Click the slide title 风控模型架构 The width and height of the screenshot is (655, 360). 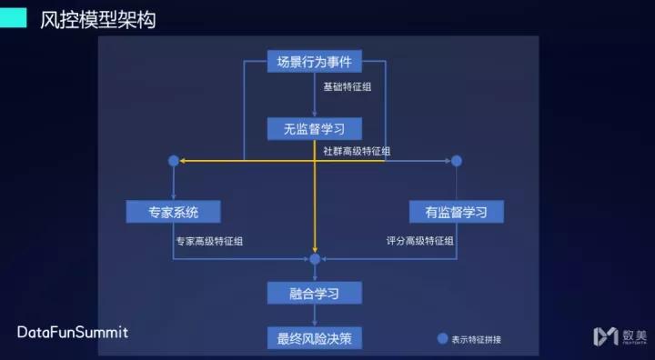tap(98, 20)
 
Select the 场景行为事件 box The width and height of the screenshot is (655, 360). tap(315, 62)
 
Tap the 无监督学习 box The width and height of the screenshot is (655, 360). tap(315, 128)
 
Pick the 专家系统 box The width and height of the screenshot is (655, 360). tap(174, 212)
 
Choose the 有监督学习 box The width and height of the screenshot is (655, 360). tap(456, 212)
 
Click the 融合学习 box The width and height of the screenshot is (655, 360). tap(315, 293)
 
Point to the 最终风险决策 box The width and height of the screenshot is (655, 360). tap(315, 338)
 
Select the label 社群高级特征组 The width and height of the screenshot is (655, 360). tap(357, 152)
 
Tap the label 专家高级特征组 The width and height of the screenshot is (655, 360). tap(209, 241)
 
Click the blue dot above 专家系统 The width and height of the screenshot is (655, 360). tap(174, 161)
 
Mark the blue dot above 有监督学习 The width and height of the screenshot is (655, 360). tap(457, 161)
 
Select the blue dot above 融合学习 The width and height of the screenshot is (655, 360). tap(315, 259)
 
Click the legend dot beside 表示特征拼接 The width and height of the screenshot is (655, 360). tap(443, 339)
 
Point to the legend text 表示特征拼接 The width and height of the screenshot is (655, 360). tap(476, 339)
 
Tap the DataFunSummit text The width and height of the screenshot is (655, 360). tap(73, 332)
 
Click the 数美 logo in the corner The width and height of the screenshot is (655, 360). tap(619, 335)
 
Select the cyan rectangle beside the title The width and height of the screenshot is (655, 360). tap(13, 18)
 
